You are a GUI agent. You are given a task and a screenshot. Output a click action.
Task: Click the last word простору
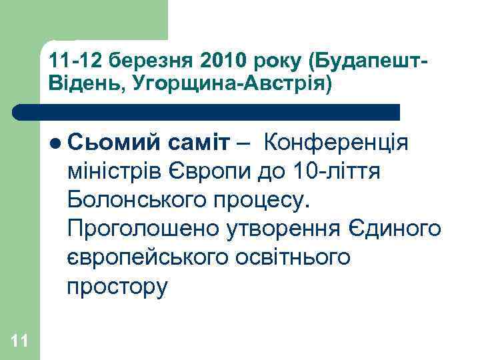117,287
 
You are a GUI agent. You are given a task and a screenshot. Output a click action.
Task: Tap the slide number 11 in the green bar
19,341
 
